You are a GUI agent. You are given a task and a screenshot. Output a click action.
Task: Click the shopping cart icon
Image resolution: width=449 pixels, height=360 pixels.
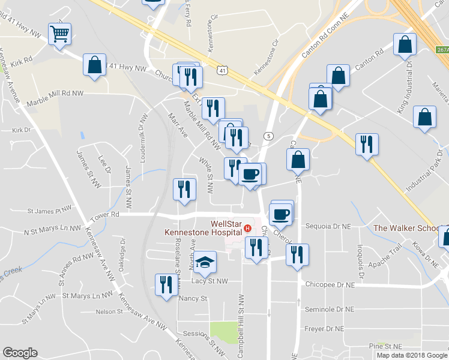click(x=59, y=34)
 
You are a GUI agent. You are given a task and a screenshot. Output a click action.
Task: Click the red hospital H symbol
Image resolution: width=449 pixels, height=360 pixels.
click(x=247, y=227)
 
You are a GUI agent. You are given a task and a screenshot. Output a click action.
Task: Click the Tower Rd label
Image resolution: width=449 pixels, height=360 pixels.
click(x=106, y=215)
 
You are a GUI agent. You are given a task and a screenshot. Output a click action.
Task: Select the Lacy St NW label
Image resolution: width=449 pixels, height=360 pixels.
click(x=209, y=280)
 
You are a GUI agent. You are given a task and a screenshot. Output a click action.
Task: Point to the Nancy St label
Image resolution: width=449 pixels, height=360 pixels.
click(x=193, y=298)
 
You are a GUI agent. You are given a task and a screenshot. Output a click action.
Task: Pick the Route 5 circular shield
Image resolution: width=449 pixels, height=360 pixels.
click(x=268, y=136)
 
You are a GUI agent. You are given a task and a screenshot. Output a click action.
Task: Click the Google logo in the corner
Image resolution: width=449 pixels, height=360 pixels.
click(x=20, y=353)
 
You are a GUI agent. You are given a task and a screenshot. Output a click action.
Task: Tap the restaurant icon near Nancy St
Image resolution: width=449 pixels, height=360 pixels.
click(x=165, y=283)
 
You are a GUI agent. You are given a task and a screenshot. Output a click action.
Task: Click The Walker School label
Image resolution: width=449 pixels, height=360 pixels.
click(x=407, y=228)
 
